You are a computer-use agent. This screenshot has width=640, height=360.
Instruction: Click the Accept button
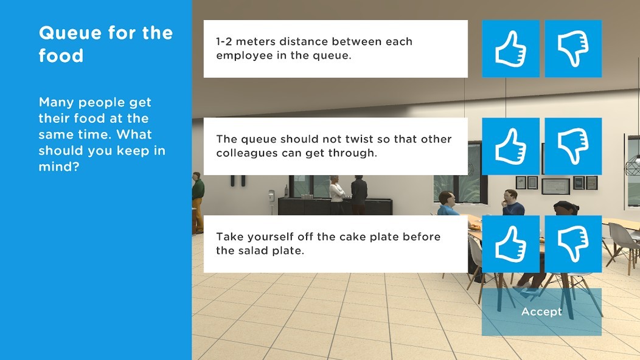541,312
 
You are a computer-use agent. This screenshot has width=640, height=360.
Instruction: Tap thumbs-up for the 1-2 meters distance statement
510,49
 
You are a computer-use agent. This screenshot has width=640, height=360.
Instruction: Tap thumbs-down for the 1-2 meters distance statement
573,49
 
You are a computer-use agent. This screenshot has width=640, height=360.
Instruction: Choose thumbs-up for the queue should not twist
510,146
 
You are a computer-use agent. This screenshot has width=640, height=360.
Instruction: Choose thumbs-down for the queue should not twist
573,146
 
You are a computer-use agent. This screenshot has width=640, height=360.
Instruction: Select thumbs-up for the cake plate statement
510,244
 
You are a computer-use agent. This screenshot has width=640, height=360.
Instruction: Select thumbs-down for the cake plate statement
573,244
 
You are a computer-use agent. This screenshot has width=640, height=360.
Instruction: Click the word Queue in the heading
71,33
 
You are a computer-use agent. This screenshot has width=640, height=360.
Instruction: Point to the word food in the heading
61,55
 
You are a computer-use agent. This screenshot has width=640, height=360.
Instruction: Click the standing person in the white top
337,195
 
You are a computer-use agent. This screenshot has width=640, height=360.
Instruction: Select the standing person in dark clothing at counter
359,195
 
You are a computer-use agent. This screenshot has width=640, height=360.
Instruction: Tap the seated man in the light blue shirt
448,204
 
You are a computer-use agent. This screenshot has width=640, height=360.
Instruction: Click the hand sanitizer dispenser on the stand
271,196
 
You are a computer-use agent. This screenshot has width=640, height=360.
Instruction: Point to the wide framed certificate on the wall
555,187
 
